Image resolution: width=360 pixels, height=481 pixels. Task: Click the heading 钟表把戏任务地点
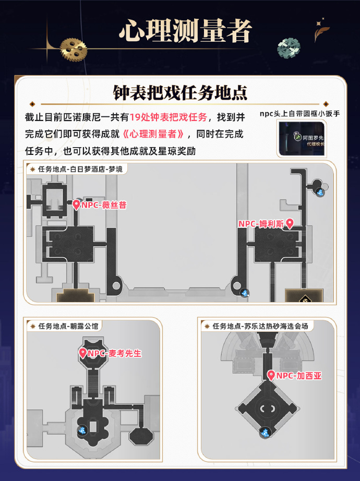tap(180, 92)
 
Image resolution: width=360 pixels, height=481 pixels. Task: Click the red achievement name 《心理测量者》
tap(154, 134)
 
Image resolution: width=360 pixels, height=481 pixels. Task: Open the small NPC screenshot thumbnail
tap(301, 139)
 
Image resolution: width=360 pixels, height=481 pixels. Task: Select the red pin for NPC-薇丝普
tap(76, 205)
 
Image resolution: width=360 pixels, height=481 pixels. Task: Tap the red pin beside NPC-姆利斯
tap(290, 223)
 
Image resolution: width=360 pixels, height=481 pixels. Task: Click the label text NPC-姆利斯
tap(261, 224)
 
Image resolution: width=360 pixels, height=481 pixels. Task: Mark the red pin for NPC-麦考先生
tap(82, 353)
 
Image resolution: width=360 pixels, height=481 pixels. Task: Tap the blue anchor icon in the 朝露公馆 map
tap(82, 430)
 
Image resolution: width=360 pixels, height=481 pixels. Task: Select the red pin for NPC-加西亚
tap(271, 375)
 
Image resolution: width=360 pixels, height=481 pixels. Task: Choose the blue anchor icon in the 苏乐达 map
tap(266, 432)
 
